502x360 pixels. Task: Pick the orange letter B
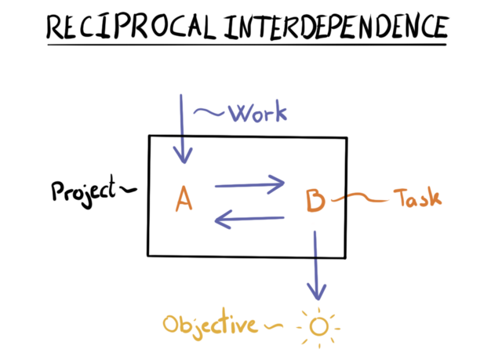[x=315, y=202]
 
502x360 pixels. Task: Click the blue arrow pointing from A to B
[x=249, y=186]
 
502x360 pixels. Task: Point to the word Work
[x=257, y=113]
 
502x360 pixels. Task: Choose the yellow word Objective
[x=209, y=324]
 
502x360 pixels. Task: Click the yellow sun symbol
[x=318, y=324]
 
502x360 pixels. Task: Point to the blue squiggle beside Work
[x=209, y=112]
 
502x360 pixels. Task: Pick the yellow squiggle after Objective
[x=274, y=323]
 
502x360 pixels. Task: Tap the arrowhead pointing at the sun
[x=316, y=293]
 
